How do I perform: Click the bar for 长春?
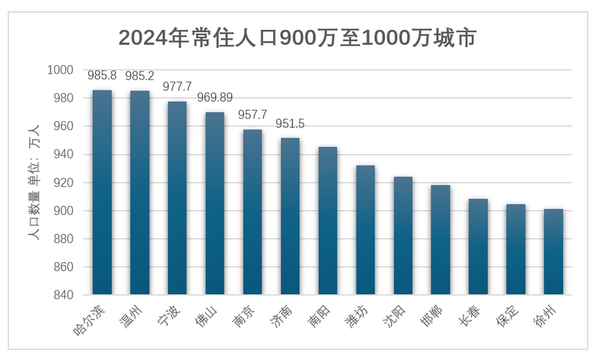tap(478, 246)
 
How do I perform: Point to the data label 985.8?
tap(102, 76)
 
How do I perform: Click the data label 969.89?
tap(215, 98)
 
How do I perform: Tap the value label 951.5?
tap(291, 123)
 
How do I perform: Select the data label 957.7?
tap(252, 115)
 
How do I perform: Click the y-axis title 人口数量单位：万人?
tap(34, 183)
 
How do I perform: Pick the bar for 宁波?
tap(177, 198)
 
